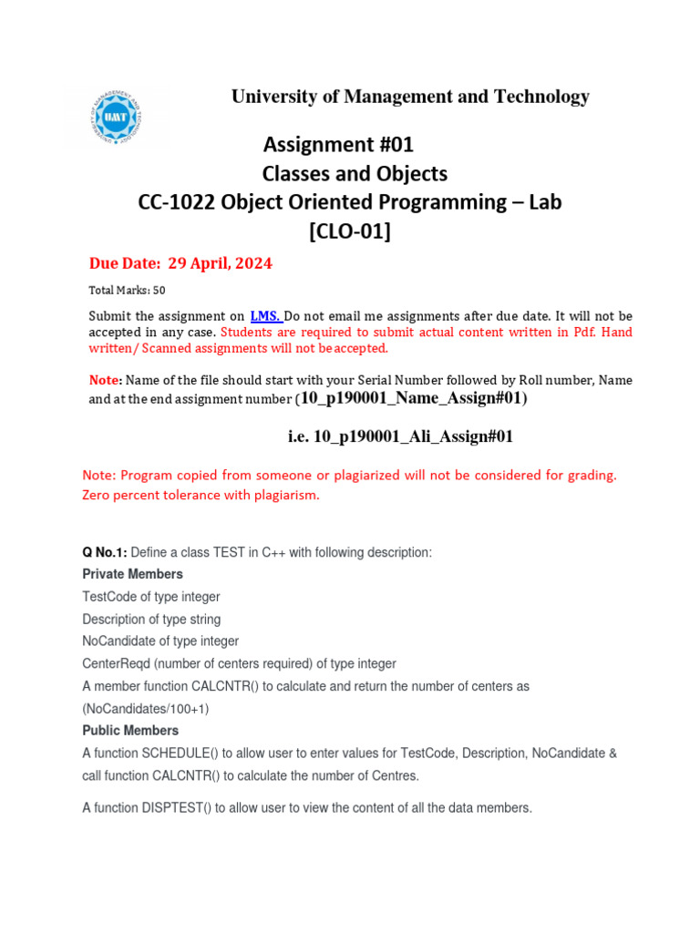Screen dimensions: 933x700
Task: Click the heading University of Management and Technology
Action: click(x=410, y=97)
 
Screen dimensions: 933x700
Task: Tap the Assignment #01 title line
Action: click(x=338, y=144)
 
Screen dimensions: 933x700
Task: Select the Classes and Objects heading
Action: click(x=355, y=173)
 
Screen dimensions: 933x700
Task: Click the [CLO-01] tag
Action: click(x=350, y=231)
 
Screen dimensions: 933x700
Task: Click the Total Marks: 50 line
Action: click(x=127, y=291)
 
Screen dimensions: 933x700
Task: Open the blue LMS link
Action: click(x=265, y=316)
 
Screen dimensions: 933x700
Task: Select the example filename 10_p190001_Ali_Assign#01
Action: click(x=400, y=436)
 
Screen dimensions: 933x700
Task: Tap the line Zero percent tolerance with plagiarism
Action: click(x=201, y=495)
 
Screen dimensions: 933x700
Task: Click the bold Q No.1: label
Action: click(x=105, y=552)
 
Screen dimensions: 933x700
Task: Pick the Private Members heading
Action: click(x=132, y=574)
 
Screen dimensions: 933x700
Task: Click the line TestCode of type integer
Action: click(x=150, y=597)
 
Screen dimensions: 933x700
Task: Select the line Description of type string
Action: click(x=151, y=620)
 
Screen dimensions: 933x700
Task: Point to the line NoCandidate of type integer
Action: click(x=160, y=641)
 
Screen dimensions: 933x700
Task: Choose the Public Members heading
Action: click(x=130, y=731)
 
